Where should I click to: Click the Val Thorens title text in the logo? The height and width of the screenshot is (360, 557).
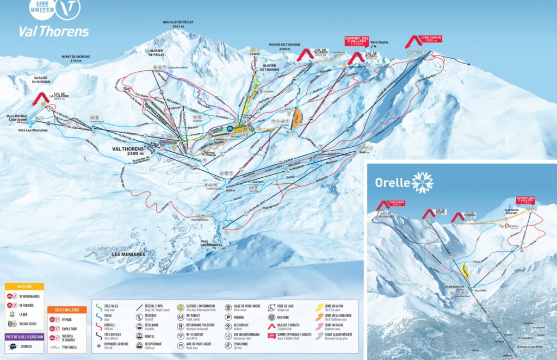pyautogui.click(x=53, y=31)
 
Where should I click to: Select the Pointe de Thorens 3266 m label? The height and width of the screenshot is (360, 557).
pyautogui.click(x=284, y=47)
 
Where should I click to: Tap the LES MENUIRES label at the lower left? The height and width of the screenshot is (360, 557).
pyautogui.click(x=128, y=254)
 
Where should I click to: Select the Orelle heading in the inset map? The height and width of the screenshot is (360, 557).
pyautogui.click(x=392, y=182)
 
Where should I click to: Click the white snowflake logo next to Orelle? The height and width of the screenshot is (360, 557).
pyautogui.click(x=423, y=182)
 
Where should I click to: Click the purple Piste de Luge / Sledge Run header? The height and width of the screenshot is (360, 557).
pyautogui.click(x=24, y=336)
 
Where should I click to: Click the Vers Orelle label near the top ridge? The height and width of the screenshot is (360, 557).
pyautogui.click(x=380, y=41)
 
